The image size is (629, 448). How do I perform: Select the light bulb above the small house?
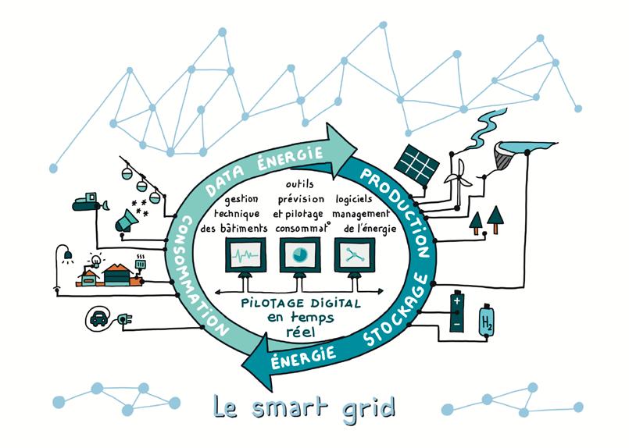(98, 260)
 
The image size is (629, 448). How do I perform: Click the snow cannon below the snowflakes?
(125, 224)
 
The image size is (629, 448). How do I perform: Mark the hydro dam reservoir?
(521, 148)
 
